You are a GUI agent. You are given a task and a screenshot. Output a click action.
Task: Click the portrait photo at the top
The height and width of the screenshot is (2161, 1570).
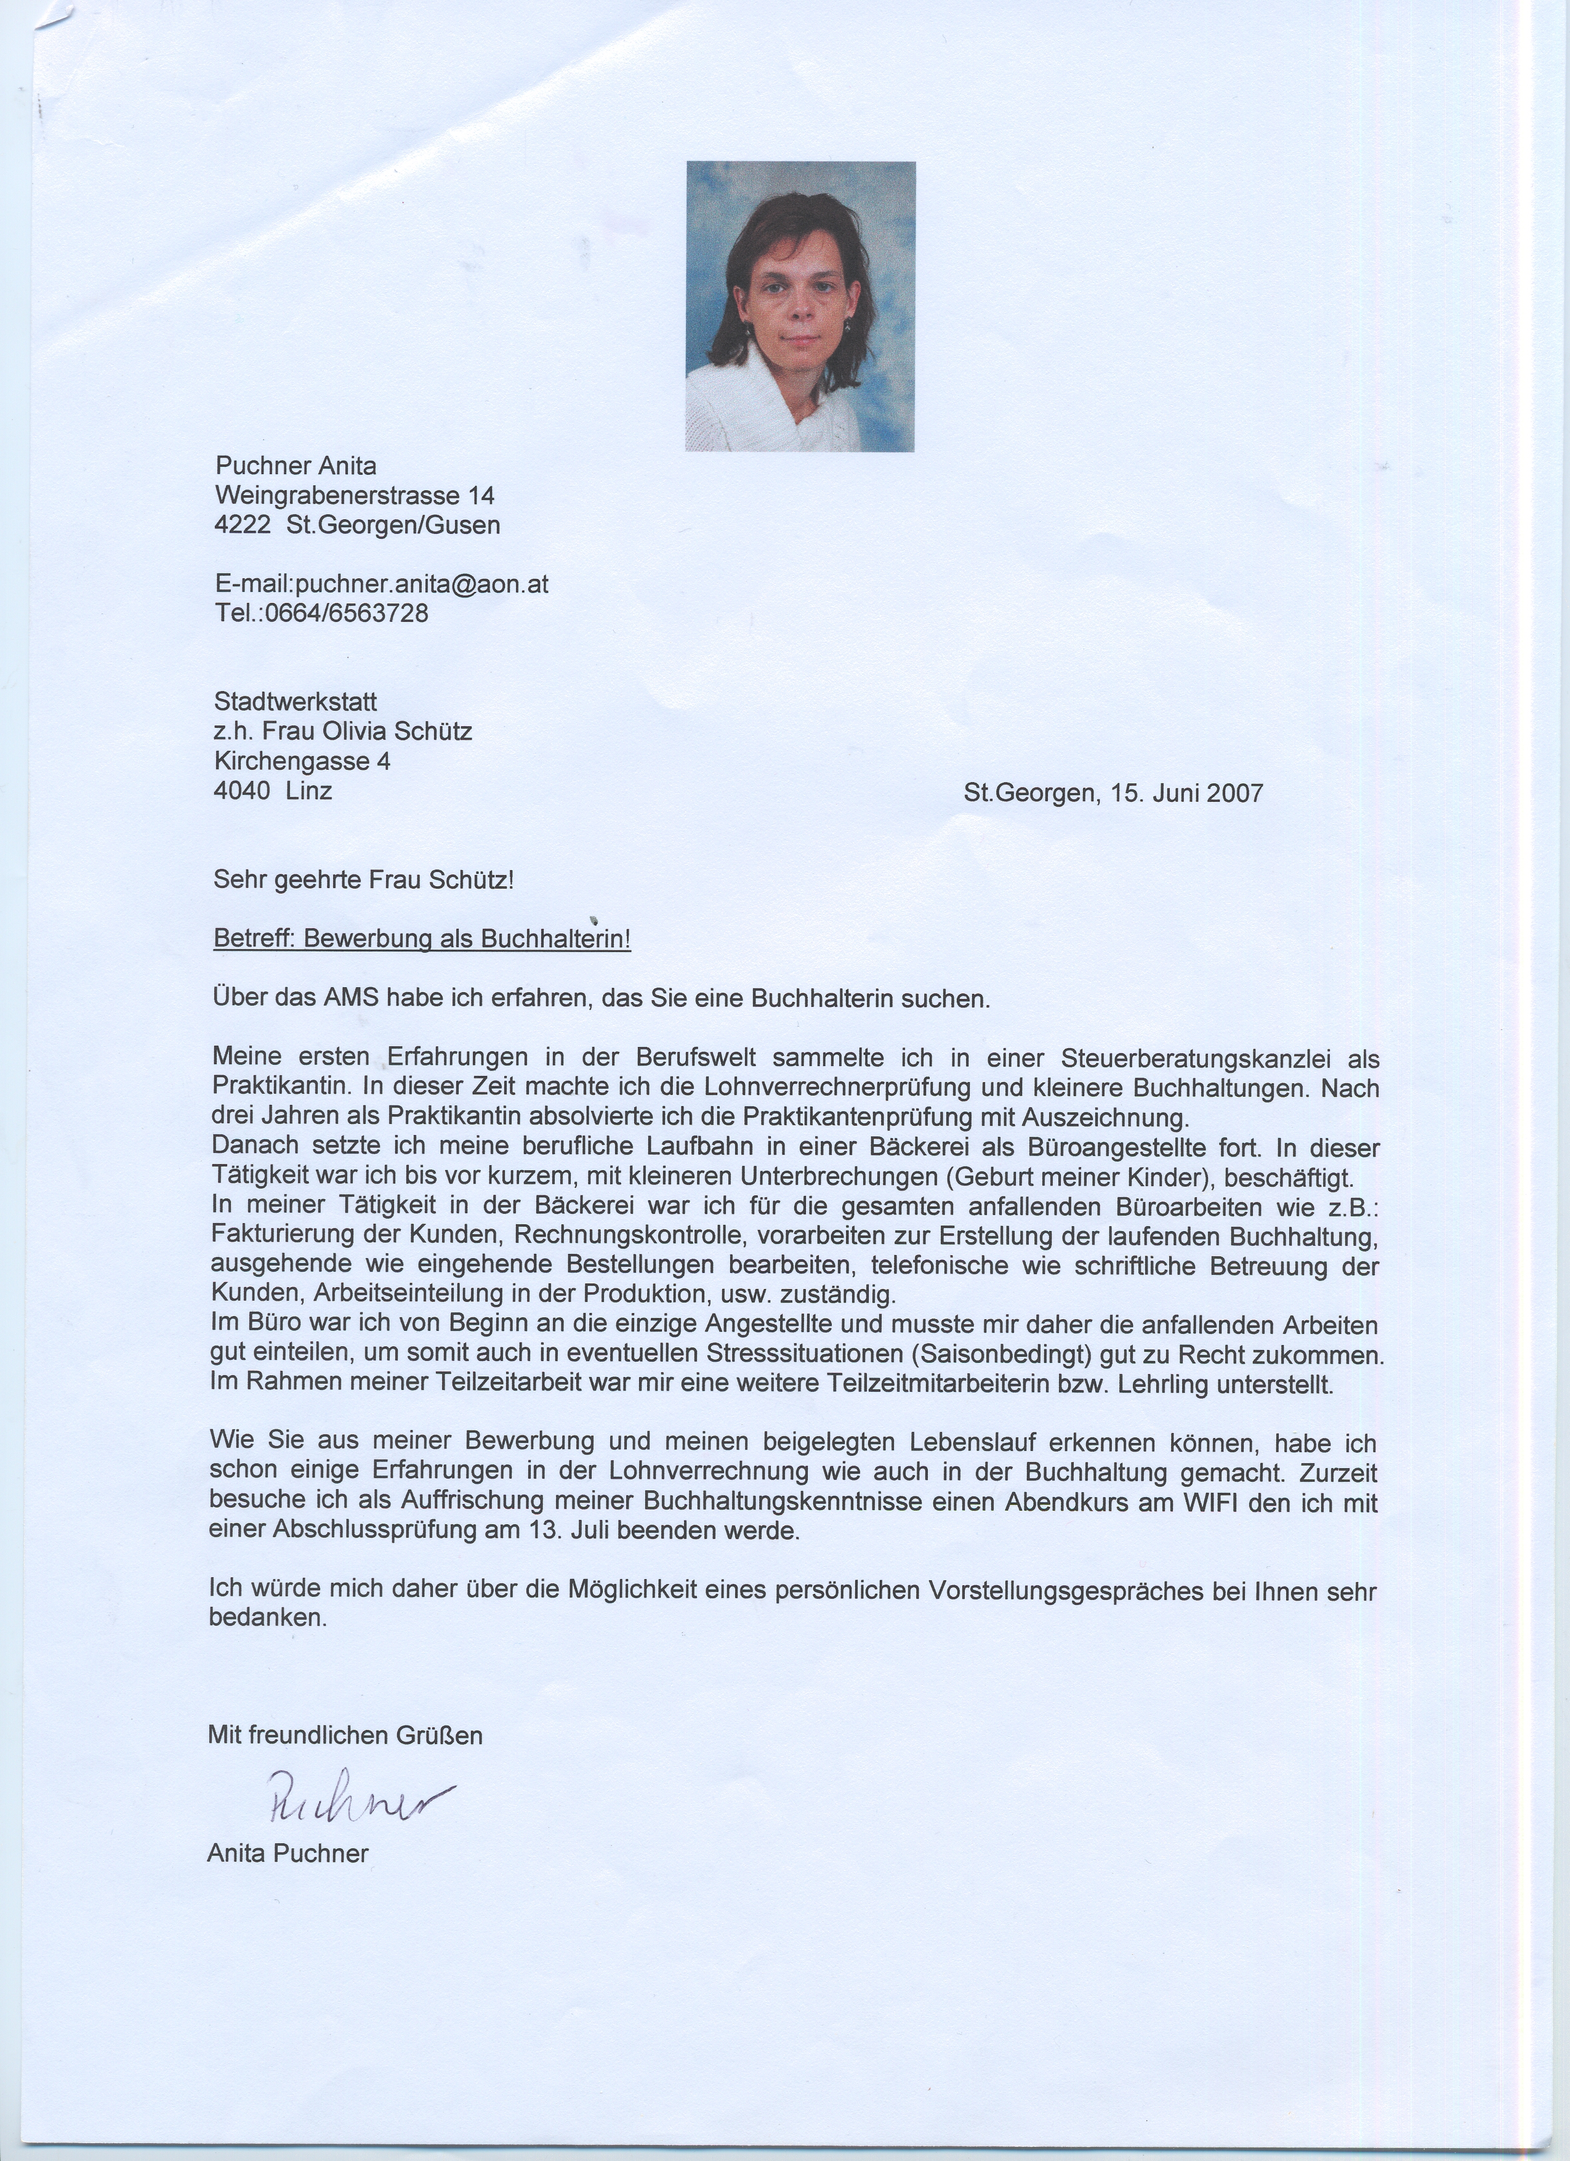click(x=800, y=306)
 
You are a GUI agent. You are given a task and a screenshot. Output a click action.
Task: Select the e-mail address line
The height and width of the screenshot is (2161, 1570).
click(x=381, y=584)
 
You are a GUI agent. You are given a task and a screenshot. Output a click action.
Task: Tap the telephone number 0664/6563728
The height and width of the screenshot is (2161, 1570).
click(x=346, y=613)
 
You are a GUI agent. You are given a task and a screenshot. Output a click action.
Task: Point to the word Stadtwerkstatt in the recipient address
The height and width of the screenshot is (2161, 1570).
click(x=296, y=702)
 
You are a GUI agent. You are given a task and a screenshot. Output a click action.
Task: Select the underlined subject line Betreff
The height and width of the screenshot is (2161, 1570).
click(x=422, y=940)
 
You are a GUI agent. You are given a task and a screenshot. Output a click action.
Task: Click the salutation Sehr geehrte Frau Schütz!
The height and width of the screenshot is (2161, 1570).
click(x=364, y=881)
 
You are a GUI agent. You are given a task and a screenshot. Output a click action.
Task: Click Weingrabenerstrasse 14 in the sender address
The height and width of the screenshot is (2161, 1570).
click(x=355, y=496)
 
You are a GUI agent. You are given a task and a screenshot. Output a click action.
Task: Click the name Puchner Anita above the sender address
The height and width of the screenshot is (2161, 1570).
click(x=296, y=466)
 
